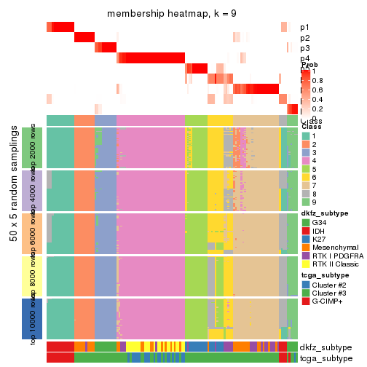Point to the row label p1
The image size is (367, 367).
(x=305, y=28)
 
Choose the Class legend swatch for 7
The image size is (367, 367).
(x=306, y=193)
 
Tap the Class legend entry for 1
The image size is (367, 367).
(x=315, y=136)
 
